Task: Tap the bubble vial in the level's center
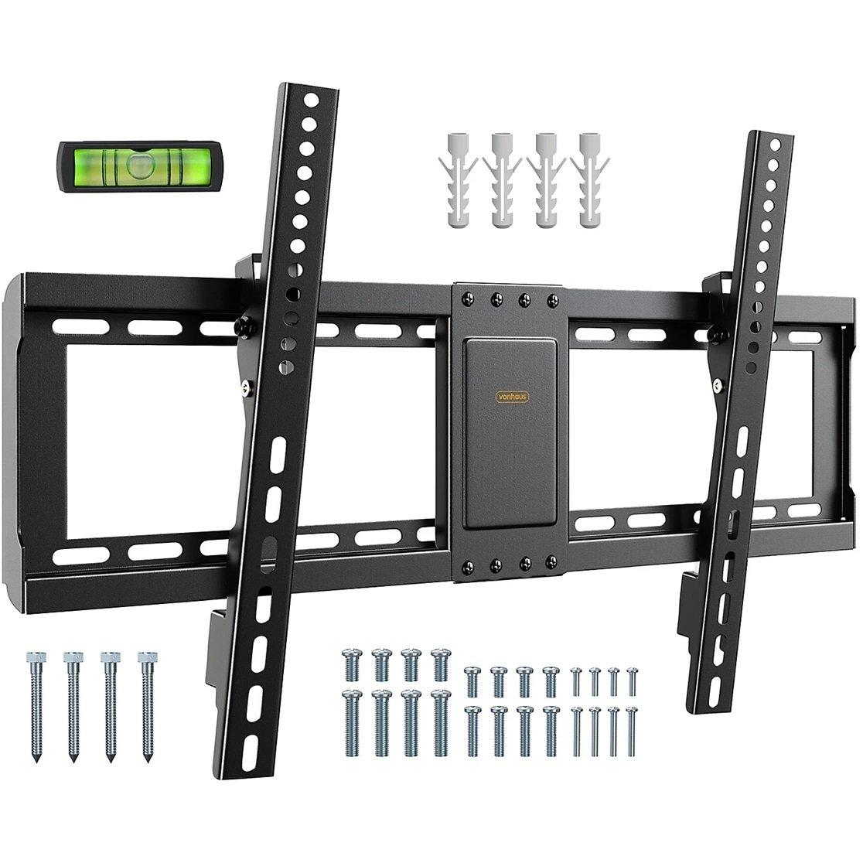pyautogui.click(x=138, y=163)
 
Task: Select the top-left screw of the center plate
pyautogui.click(x=469, y=295)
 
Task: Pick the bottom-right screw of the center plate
pyautogui.click(x=550, y=559)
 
